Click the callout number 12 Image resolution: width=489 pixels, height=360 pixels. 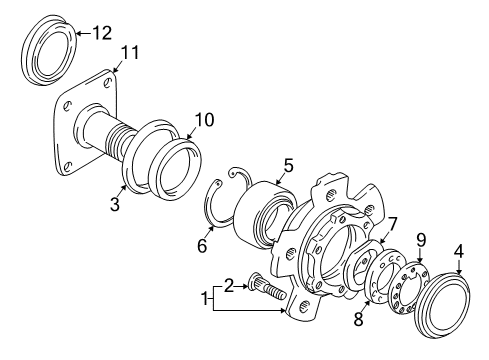[102, 34]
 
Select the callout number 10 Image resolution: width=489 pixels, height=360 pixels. [203, 120]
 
